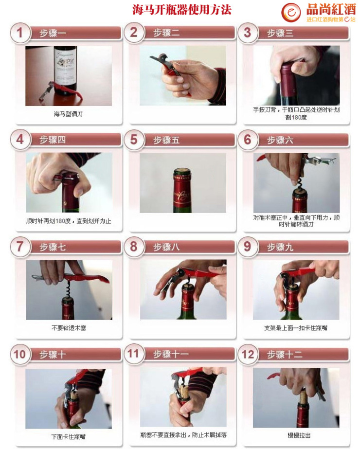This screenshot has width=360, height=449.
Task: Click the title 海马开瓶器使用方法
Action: coord(182,10)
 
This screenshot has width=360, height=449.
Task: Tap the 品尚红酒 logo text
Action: coord(331,10)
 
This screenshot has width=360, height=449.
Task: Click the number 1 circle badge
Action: coord(20,33)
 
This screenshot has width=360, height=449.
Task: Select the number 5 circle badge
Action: coord(134,140)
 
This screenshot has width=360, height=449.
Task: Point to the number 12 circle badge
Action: coord(248,354)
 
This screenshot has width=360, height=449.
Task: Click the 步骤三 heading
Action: coord(280,33)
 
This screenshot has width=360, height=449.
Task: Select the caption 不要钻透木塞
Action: coord(69,328)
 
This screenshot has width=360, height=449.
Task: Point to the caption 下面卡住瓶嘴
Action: coord(69,437)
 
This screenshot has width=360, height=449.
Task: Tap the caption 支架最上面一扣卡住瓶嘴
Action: coord(296,328)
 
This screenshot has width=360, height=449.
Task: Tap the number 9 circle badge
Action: coord(248,247)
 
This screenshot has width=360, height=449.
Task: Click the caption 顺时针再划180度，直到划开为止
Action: coord(69,221)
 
